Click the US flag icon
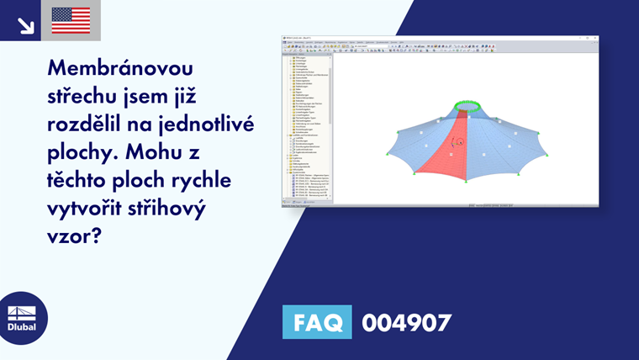pos(71,20)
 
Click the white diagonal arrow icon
pos(25,24)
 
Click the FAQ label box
pos(317,323)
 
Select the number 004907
pos(406,323)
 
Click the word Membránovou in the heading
pos(121,68)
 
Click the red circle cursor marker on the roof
pos(460,141)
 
